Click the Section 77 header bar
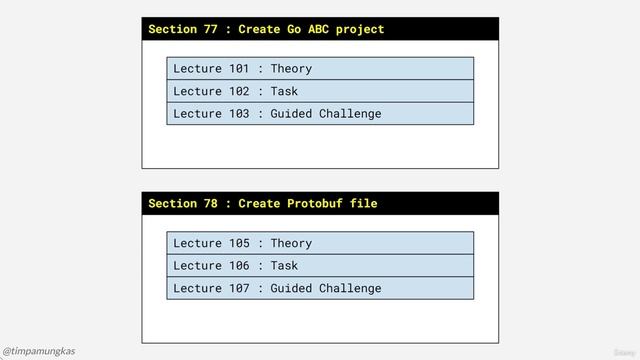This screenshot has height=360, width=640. pyautogui.click(x=320, y=29)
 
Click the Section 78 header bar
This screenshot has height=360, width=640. pyautogui.click(x=320, y=203)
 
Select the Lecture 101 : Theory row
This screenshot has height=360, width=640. pyautogui.click(x=320, y=68)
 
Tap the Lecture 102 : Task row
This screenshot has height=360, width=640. pyautogui.click(x=320, y=91)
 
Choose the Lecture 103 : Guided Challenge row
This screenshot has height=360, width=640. pyautogui.click(x=320, y=113)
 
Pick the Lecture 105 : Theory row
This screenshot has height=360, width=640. pyautogui.click(x=320, y=243)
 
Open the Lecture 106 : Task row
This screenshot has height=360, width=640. pyautogui.click(x=320, y=265)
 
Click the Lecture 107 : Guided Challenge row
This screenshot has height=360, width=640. pyautogui.click(x=320, y=288)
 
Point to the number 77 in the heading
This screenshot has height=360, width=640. pyautogui.click(x=210, y=29)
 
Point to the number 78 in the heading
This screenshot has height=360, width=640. pyautogui.click(x=210, y=204)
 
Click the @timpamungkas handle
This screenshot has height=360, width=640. pyautogui.click(x=39, y=351)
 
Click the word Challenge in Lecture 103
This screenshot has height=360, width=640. pyautogui.click(x=350, y=113)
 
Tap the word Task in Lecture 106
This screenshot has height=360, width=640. pyautogui.click(x=285, y=265)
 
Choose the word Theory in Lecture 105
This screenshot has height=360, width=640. pyautogui.click(x=291, y=243)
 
